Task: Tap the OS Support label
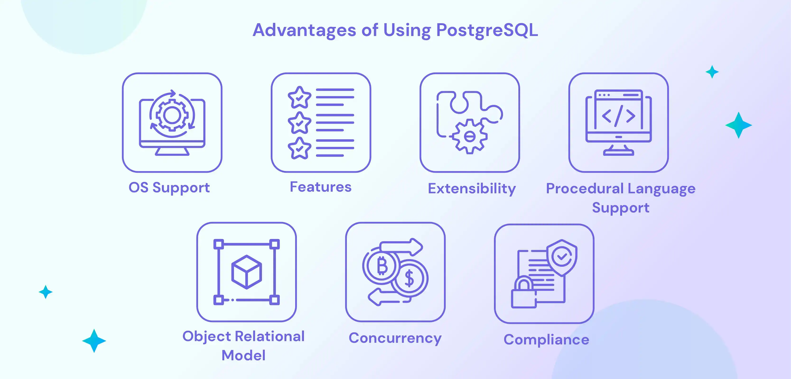click(169, 188)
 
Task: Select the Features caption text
click(321, 187)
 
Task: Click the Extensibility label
click(472, 188)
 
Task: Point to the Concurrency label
click(395, 338)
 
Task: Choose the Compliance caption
click(546, 339)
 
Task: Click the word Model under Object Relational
click(243, 355)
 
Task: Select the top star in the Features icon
click(299, 98)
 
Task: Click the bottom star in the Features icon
click(299, 149)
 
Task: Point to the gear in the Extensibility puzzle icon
click(470, 136)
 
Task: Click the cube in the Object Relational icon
click(247, 272)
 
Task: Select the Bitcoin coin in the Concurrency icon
click(382, 266)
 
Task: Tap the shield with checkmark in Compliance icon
click(562, 257)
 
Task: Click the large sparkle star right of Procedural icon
click(739, 125)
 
